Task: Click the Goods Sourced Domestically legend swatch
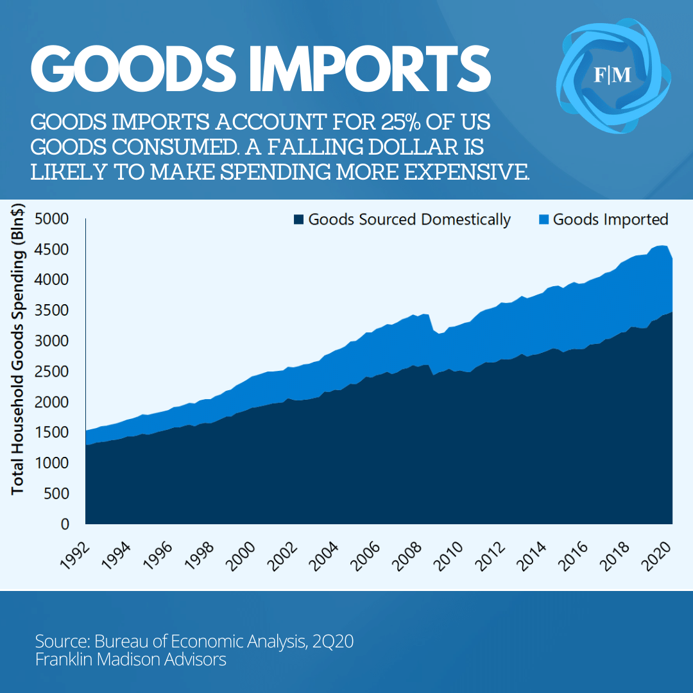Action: pyautogui.click(x=298, y=220)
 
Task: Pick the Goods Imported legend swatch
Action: pyautogui.click(x=543, y=220)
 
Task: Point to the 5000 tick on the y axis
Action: pyautogui.click(x=51, y=219)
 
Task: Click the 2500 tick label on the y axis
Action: pyautogui.click(x=51, y=372)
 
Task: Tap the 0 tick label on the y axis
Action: pyautogui.click(x=64, y=524)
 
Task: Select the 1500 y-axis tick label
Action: pyautogui.click(x=51, y=432)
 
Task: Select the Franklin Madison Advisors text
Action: pyautogui.click(x=131, y=660)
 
